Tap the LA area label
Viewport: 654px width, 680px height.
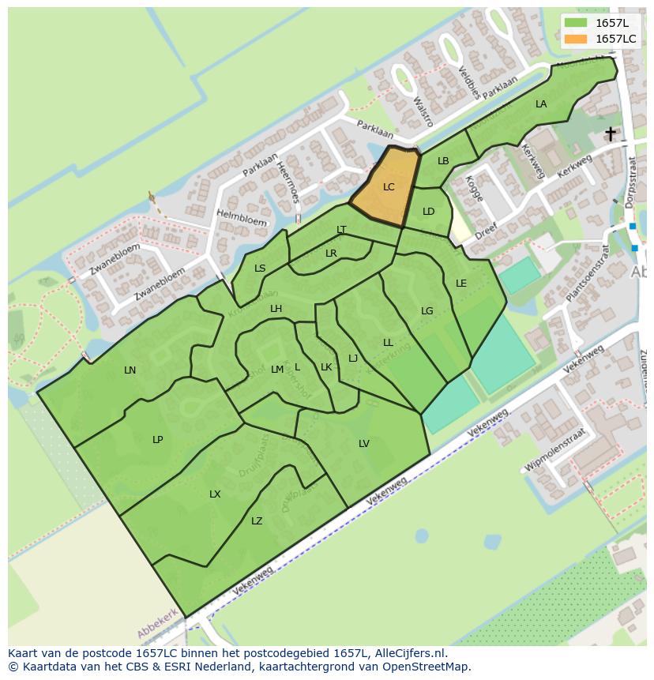pyautogui.click(x=541, y=104)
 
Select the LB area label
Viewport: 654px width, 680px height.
pyautogui.click(x=443, y=161)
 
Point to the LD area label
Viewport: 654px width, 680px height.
pyautogui.click(x=429, y=212)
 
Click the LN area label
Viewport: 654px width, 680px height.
pyautogui.click(x=130, y=370)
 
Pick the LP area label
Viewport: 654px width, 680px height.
pyautogui.click(x=158, y=440)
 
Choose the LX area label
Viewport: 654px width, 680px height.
pyautogui.click(x=215, y=494)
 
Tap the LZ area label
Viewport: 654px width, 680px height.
pyautogui.click(x=257, y=521)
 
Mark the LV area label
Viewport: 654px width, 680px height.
pyautogui.click(x=364, y=444)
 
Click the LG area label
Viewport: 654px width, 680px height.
pyautogui.click(x=427, y=311)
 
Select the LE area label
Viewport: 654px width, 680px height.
pyautogui.click(x=461, y=284)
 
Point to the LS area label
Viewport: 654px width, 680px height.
pyautogui.click(x=260, y=269)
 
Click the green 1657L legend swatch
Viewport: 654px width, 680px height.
pyautogui.click(x=577, y=23)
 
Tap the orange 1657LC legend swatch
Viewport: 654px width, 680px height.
pyautogui.click(x=577, y=39)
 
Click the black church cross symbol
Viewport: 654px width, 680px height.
pyautogui.click(x=611, y=133)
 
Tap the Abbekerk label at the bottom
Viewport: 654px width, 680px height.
pyautogui.click(x=159, y=624)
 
